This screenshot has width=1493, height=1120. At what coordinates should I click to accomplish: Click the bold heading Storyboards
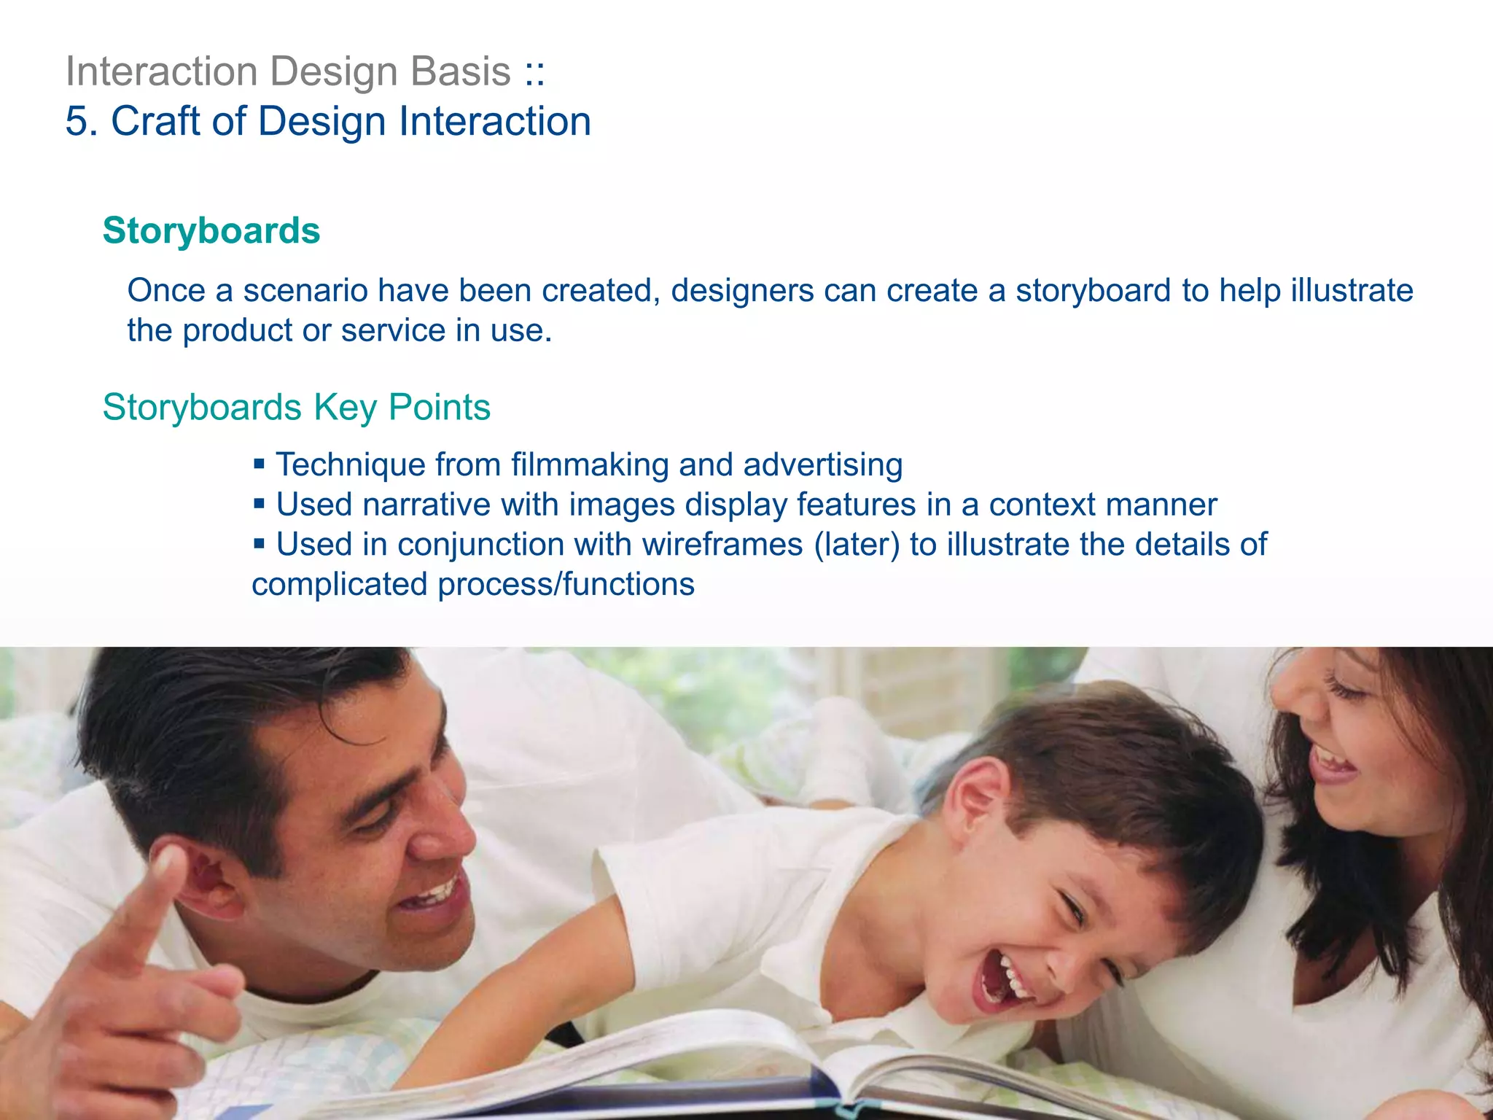211,231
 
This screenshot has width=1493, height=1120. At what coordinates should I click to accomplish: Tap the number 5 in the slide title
77,121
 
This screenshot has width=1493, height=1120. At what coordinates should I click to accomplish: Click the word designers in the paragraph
742,291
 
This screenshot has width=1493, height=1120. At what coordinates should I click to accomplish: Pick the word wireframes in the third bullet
722,545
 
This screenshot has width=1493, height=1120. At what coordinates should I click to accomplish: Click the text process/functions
566,585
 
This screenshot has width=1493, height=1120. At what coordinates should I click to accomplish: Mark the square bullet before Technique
259,463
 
